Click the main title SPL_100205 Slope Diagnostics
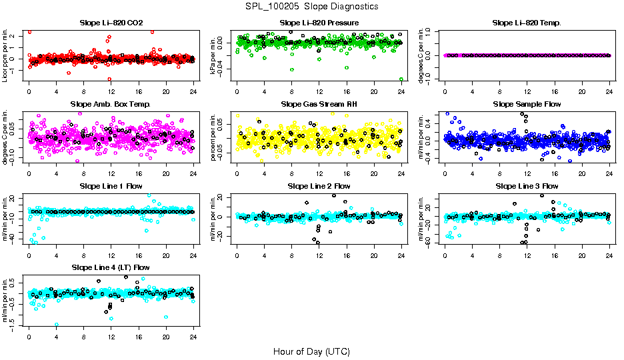(312, 6)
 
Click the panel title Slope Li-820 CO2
(111, 23)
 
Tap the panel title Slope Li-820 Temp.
(527, 23)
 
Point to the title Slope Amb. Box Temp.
(111, 105)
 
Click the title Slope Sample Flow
(527, 105)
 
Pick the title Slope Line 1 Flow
(111, 186)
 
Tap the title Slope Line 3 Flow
(527, 186)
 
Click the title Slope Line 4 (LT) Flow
(111, 267)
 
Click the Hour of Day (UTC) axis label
(311, 351)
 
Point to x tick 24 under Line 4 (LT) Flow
(193, 337)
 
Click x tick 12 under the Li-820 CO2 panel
(111, 92)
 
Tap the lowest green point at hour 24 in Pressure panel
(401, 79)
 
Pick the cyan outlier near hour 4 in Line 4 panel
(57, 325)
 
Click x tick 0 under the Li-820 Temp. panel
(445, 92)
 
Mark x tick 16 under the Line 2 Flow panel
(347, 255)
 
